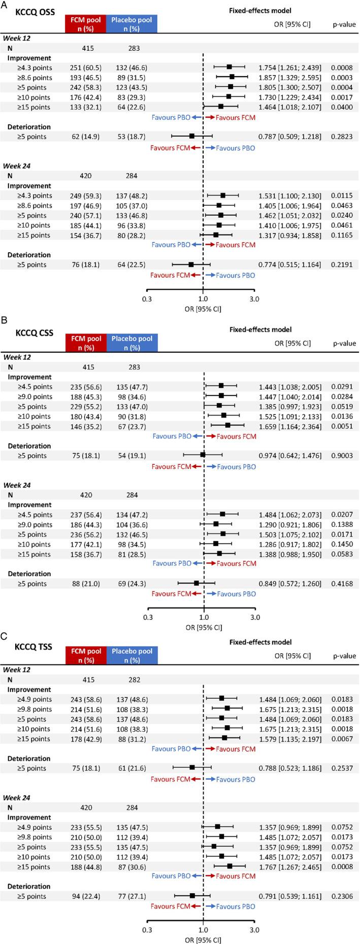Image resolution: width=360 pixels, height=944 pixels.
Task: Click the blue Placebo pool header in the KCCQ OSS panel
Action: coord(132,23)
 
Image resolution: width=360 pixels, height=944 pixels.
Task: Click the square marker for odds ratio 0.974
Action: coord(203,455)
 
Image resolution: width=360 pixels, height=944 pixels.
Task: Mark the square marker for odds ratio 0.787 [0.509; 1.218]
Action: coord(191,136)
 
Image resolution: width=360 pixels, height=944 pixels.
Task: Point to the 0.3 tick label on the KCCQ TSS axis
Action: coord(147,930)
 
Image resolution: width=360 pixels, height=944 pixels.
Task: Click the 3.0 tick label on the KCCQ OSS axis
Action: coord(254,299)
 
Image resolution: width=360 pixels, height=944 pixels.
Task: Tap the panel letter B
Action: coord(5,321)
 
